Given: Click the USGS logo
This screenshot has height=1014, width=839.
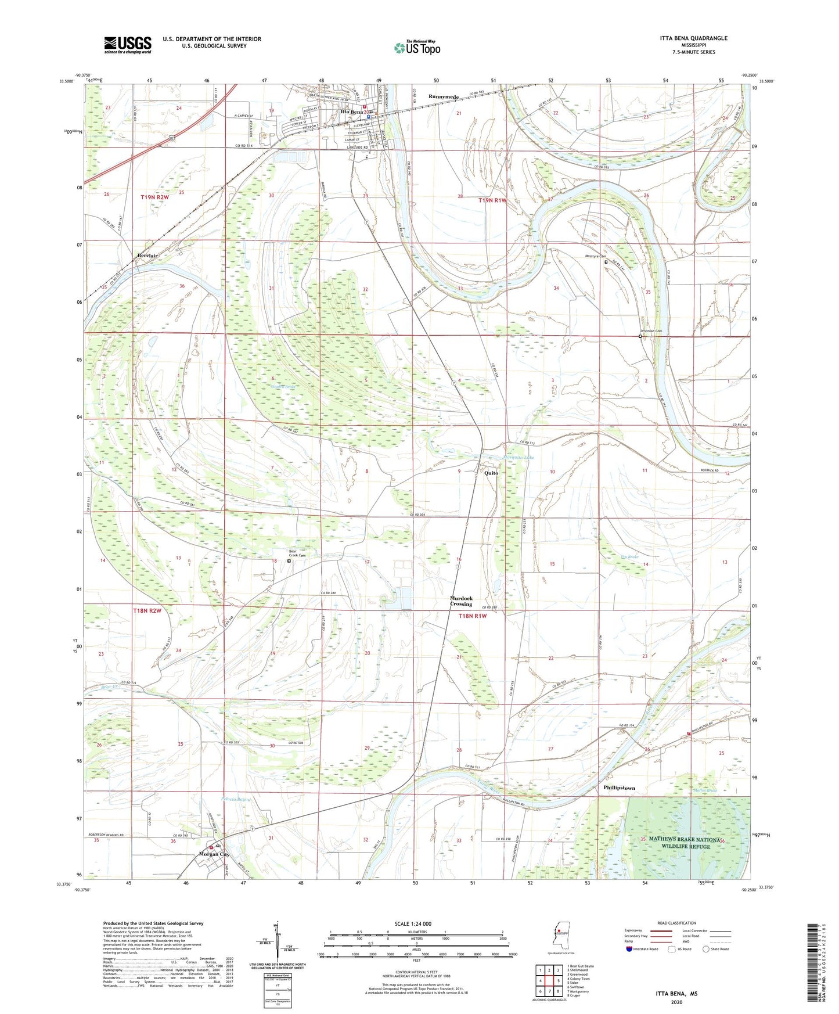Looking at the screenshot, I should tap(127, 45).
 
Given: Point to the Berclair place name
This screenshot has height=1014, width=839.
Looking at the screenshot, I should tap(147, 256).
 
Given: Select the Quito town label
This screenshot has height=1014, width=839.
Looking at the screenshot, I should tap(491, 473).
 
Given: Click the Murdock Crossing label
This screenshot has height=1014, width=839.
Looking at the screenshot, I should tap(462, 601).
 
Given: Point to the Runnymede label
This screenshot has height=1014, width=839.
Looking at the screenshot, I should tap(444, 96).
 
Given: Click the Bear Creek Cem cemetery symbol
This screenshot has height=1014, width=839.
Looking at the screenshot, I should tap(289, 561).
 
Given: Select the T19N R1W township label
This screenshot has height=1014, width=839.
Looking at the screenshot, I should tap(492, 200).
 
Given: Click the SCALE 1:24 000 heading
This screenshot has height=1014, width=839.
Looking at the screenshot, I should tap(413, 924).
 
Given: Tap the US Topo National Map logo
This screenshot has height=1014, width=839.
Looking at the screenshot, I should tap(417, 48).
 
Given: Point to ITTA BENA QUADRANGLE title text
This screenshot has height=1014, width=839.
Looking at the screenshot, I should tap(693, 38).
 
